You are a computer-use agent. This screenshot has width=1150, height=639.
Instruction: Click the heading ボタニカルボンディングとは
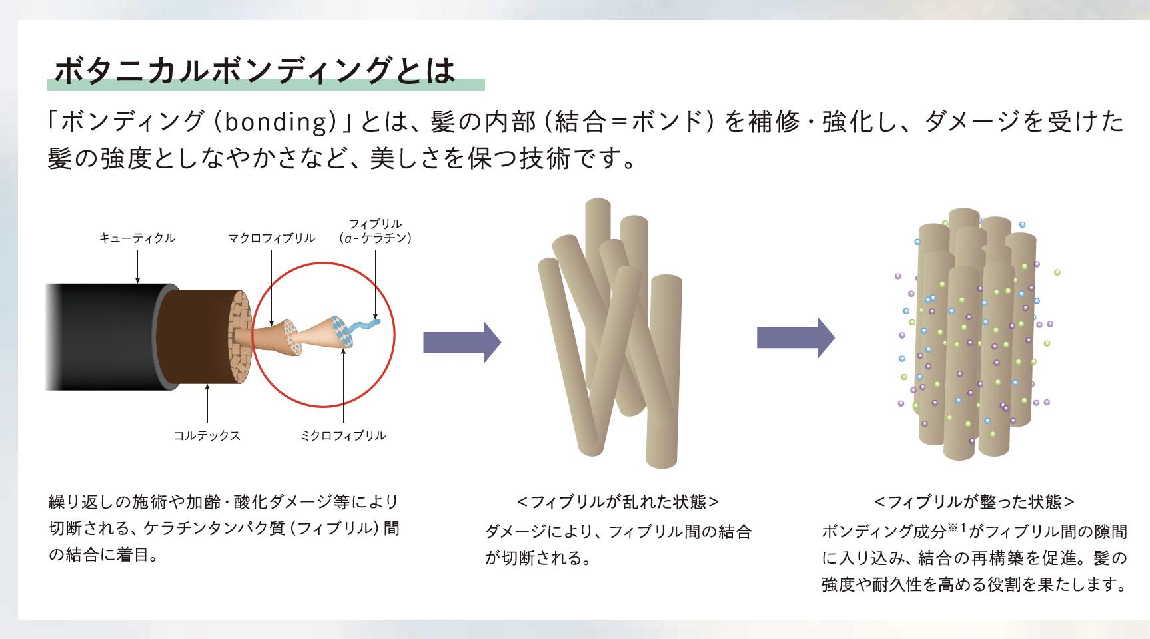[255, 70]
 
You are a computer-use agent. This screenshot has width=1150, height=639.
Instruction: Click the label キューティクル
[137, 238]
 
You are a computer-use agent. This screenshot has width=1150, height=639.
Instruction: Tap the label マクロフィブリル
[271, 238]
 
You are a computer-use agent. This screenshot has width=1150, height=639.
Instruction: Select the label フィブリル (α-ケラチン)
[375, 230]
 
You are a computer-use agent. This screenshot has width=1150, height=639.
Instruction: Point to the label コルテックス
[207, 435]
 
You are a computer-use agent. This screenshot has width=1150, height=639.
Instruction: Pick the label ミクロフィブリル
[343, 435]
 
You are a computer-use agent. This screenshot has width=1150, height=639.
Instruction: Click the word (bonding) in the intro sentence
[276, 122]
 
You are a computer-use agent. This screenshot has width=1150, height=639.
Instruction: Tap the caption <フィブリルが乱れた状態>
[618, 501]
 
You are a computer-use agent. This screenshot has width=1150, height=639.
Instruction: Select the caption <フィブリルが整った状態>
[974, 501]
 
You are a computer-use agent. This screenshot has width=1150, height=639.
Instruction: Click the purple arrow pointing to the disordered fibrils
[462, 342]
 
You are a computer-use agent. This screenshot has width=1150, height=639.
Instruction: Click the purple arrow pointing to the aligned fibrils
[796, 338]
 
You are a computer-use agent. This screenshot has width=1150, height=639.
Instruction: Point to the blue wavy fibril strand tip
[378, 322]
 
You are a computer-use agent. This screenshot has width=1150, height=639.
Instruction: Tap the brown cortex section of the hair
[193, 337]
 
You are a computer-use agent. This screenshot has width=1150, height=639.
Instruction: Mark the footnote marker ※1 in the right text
[957, 527]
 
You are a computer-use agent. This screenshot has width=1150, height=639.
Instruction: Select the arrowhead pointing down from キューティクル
[137, 280]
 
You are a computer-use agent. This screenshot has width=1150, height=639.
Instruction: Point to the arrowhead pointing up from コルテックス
[207, 387]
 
